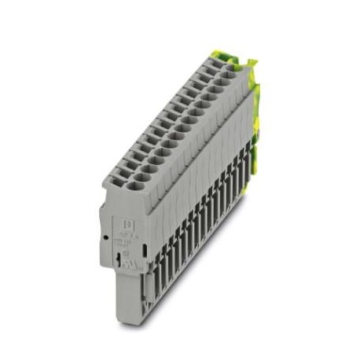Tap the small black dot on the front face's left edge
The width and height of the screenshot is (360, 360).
pyautogui.click(x=105, y=236)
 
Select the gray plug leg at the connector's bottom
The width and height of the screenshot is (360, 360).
pyautogui.click(x=130, y=295)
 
